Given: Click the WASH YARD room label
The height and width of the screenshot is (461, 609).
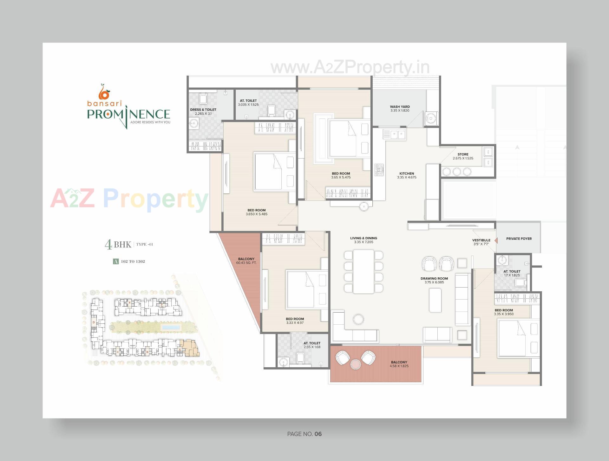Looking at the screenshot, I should (400, 109).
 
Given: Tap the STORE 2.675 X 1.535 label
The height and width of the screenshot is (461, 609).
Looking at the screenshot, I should (463, 156).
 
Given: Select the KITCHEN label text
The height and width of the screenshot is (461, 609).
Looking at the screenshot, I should (407, 175).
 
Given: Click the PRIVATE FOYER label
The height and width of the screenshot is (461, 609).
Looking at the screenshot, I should (519, 239).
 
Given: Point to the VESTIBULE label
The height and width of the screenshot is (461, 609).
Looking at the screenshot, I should (481, 242).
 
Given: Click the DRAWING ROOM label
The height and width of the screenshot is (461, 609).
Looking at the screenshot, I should (434, 280).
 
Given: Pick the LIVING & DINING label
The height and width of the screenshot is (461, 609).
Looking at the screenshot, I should (363, 240).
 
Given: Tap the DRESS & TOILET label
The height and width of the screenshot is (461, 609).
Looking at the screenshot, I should (203, 112).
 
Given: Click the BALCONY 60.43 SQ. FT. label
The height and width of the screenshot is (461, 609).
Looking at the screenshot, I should (246, 261).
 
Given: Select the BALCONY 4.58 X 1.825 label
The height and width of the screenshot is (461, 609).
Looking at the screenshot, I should (399, 364).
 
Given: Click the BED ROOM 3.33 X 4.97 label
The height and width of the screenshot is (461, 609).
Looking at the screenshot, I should (295, 321).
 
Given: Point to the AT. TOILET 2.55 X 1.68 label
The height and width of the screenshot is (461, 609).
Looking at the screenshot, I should (312, 345).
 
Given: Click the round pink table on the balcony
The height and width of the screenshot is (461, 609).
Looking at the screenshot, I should (356, 364).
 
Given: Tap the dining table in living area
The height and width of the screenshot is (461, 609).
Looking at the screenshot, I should (363, 271).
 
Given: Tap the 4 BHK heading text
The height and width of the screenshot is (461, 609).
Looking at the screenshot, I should (118, 244).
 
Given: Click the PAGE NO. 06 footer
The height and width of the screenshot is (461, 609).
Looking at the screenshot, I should (304, 434).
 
